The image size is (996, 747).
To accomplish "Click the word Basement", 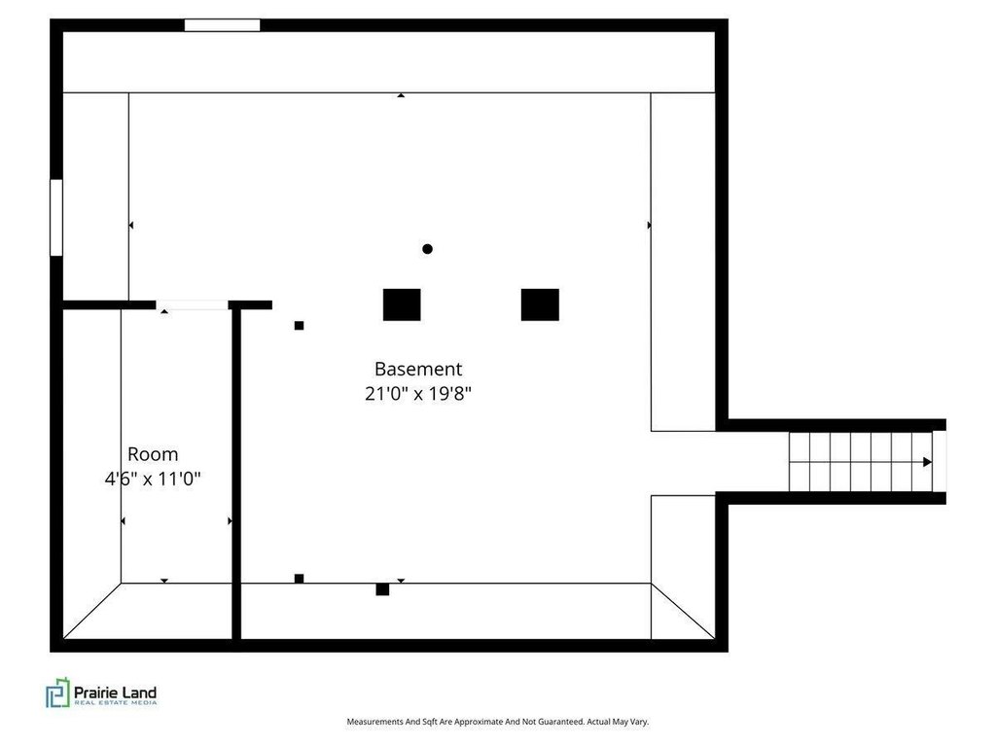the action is [418, 369].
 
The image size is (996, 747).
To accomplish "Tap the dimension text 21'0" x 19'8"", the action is [418, 394].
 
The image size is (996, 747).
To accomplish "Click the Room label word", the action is [153, 454].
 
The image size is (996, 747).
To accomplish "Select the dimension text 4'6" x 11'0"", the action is [153, 479].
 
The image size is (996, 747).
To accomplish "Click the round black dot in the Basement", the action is [428, 249].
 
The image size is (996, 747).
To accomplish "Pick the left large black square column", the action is [402, 304].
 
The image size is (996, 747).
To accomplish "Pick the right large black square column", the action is [540, 304].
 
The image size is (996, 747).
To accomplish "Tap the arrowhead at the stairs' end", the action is [927, 462].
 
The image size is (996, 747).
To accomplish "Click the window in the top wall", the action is [223, 25].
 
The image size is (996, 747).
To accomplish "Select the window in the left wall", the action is [56, 217].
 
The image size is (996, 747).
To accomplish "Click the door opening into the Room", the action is [192, 305].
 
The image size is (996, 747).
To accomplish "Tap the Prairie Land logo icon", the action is [57, 693].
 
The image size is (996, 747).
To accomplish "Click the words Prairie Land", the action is [115, 693].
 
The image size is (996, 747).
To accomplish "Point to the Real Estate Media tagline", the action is [115, 702].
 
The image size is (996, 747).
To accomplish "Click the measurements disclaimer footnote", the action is [497, 722].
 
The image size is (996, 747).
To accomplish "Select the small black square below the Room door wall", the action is [300, 326].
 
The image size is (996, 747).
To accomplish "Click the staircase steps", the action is [860, 462].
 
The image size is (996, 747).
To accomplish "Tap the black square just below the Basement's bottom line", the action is [382, 589].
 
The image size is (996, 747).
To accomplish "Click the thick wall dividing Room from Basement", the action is [236, 474].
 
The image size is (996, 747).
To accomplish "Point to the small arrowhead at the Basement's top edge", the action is [401, 95].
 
